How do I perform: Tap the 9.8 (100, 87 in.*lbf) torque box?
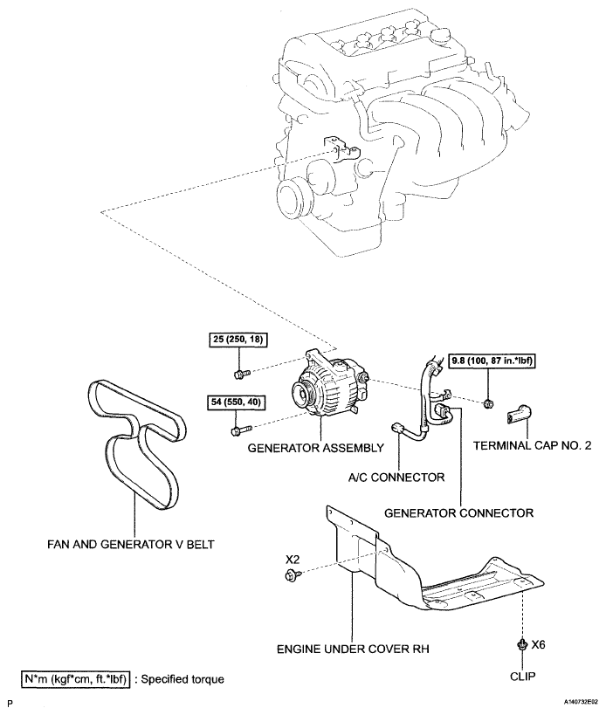(x=492, y=361)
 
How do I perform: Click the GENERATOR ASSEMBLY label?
(x=315, y=448)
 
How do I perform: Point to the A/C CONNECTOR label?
(x=396, y=478)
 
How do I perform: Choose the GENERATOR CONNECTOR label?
(x=458, y=513)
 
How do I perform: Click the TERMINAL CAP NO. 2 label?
(x=532, y=445)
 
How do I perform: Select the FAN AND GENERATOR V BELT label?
(x=131, y=544)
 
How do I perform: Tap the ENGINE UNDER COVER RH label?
(x=353, y=649)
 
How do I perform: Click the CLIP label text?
(x=523, y=677)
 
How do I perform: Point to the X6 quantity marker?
(x=538, y=645)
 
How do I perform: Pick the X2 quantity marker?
(x=293, y=559)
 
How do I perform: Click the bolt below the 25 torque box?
(x=242, y=374)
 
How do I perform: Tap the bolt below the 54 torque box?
(x=242, y=430)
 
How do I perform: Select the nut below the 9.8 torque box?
(x=488, y=402)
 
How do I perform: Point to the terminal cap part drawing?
(x=519, y=413)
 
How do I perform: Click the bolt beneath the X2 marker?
(x=293, y=575)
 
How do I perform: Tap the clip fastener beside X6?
(x=522, y=645)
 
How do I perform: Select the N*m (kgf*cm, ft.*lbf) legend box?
(x=76, y=679)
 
